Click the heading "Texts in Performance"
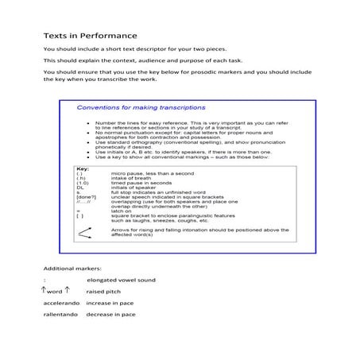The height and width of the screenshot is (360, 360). tap(90, 36)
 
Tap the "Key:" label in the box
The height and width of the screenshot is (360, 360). tap(81, 168)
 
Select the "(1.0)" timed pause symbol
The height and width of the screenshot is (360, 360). tap(82, 182)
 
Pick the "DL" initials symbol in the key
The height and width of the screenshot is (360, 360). tap(79, 187)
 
